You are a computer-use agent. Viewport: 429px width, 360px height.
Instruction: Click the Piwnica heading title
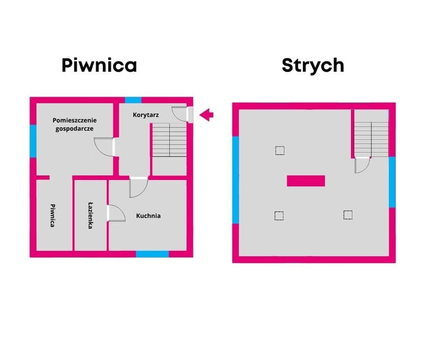(99, 65)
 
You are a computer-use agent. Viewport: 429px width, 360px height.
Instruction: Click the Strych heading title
(313, 65)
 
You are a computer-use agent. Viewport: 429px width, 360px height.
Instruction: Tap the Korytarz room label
(146, 115)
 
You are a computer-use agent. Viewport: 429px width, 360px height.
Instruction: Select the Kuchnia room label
(148, 216)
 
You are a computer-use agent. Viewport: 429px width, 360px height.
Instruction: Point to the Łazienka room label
(90, 216)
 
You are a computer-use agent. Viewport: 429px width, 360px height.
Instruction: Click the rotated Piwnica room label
(52, 216)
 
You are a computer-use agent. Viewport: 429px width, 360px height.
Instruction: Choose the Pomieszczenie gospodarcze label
(74, 124)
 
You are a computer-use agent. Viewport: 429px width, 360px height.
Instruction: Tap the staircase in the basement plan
(170, 140)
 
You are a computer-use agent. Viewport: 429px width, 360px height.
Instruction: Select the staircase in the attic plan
(371, 139)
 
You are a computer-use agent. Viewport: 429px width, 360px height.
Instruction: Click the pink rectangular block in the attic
(306, 181)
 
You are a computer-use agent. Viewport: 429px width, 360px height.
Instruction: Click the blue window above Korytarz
(133, 100)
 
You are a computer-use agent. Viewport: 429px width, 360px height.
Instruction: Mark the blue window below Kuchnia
(152, 254)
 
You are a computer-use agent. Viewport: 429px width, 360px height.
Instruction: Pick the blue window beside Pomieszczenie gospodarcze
(33, 141)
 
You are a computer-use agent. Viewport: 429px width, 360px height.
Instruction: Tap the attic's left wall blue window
(236, 180)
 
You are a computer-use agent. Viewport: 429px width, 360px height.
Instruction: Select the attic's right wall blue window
(392, 182)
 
